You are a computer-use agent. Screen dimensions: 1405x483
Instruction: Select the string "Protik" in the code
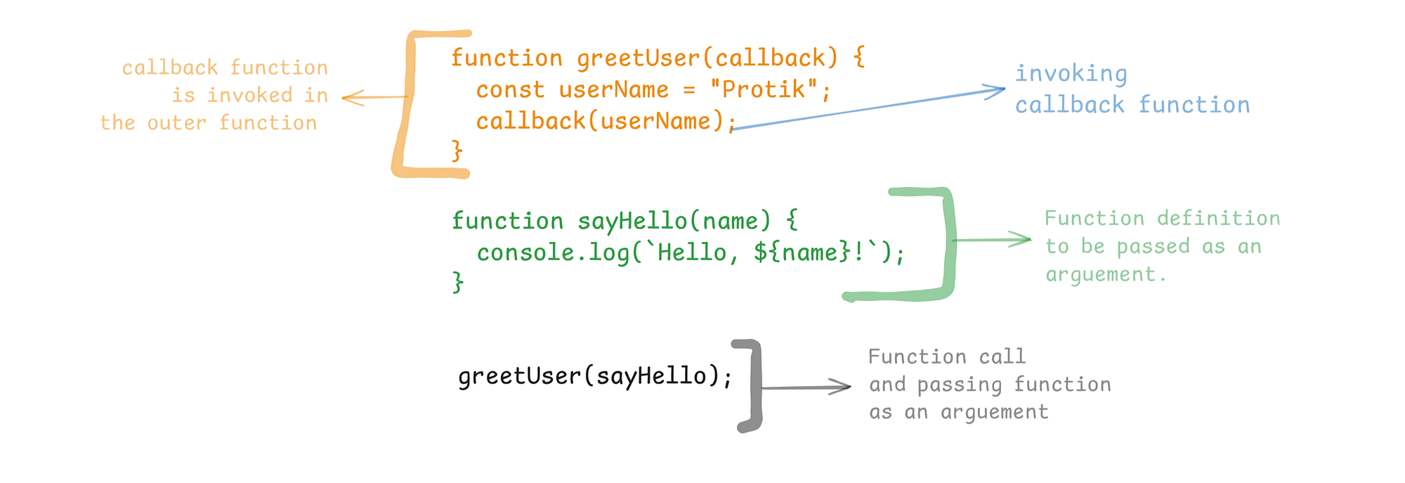[764, 90]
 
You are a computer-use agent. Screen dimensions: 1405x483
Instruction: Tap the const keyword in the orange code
[510, 90]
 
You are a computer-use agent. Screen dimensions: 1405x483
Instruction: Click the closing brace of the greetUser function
[457, 150]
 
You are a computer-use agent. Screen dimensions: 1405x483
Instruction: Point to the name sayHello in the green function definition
[632, 221]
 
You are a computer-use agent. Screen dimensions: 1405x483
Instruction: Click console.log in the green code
[554, 253]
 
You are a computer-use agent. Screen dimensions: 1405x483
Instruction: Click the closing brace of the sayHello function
[458, 283]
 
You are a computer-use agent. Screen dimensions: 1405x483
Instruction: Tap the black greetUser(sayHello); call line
[595, 377]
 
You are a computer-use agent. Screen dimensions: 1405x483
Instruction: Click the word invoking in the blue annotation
[1071, 74]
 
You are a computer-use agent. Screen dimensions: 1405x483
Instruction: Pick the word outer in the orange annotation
[176, 123]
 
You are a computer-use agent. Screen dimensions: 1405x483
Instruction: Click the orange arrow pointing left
[372, 97]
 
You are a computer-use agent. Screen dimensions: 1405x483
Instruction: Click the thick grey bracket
[754, 386]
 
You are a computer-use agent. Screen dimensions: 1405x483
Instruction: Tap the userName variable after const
[613, 90]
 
